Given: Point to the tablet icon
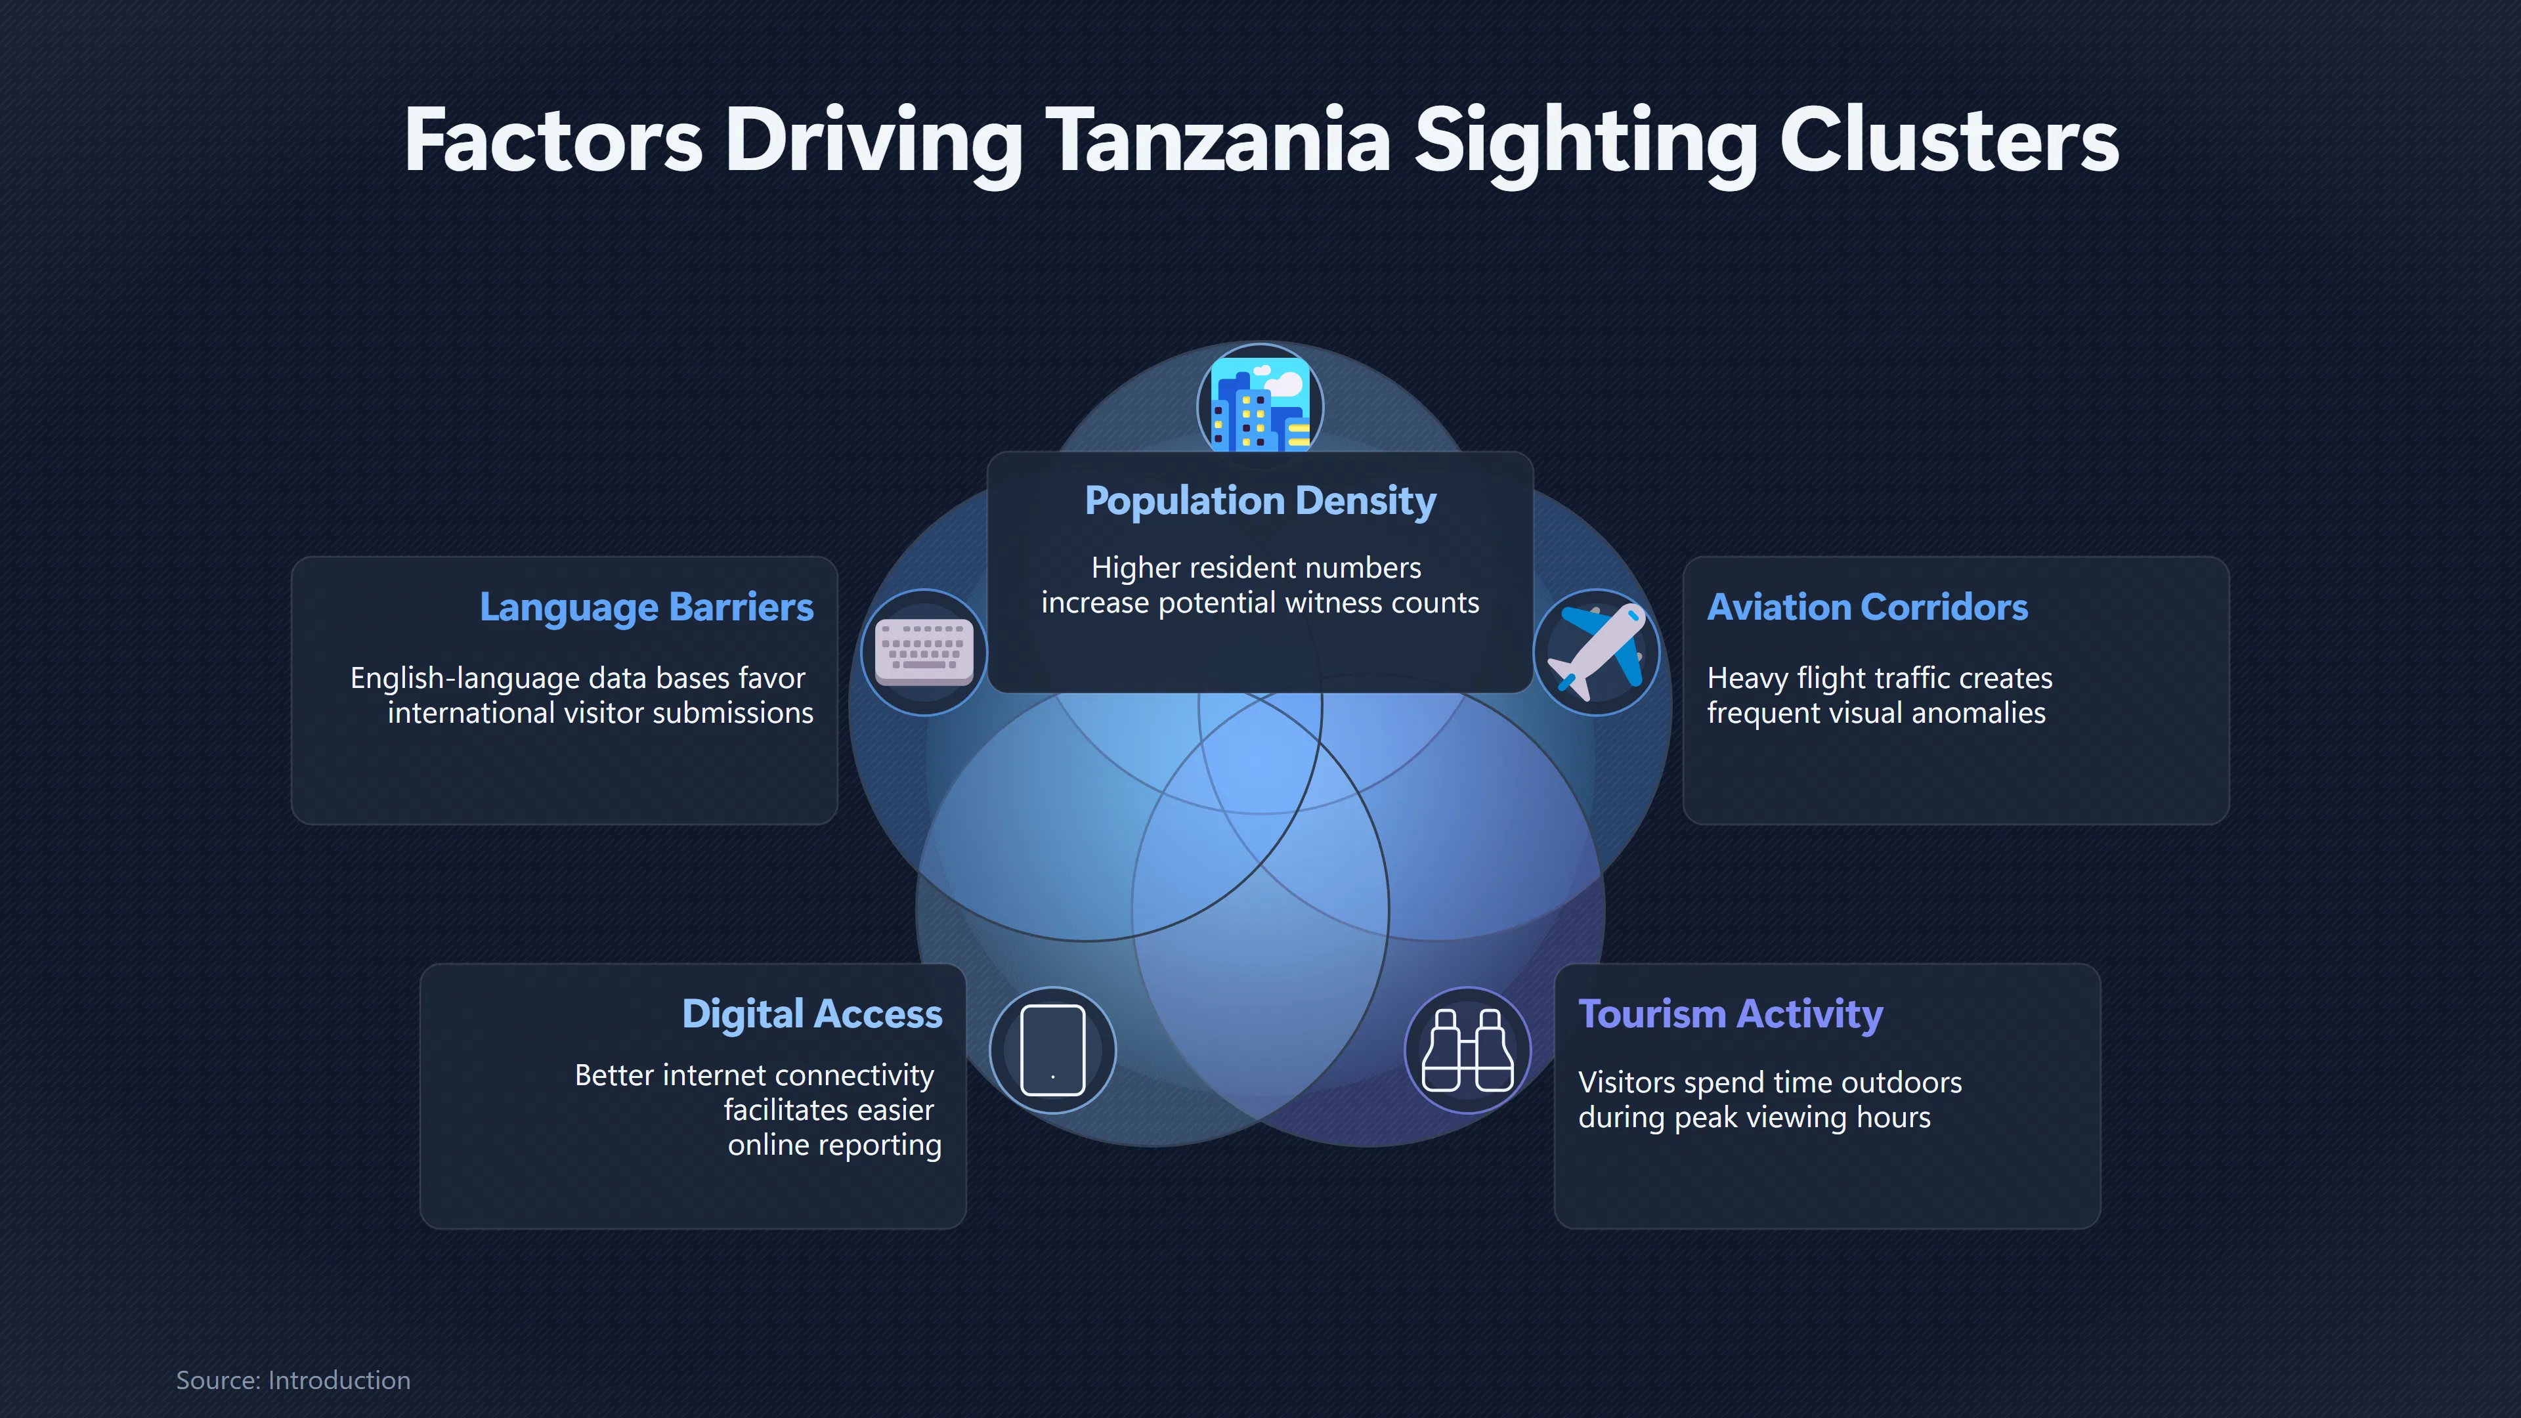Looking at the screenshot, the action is point(1053,1050).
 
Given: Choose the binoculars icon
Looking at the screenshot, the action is point(1467,1050).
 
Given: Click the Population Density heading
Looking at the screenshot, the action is point(1260,501).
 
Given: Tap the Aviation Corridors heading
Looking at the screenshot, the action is point(1867,607).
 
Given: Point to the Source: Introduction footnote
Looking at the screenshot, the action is point(293,1380).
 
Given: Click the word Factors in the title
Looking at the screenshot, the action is point(553,141).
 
